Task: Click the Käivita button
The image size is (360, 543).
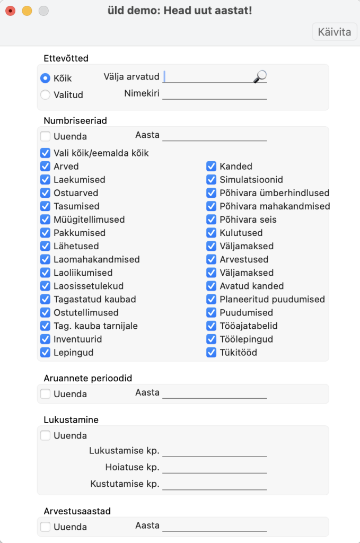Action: (334, 32)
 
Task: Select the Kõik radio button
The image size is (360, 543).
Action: (46, 78)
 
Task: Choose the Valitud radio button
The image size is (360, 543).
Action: (46, 95)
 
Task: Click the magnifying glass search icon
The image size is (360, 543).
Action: (260, 77)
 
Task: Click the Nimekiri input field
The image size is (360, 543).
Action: (214, 94)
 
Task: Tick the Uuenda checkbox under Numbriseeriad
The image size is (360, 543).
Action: (46, 136)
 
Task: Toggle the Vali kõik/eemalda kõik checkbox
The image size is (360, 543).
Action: (46, 153)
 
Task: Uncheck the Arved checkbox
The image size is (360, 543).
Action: (46, 167)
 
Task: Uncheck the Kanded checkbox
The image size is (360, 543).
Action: (212, 167)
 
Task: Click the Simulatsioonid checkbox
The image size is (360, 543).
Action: (212, 180)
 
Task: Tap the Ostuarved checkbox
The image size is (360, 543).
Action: (46, 193)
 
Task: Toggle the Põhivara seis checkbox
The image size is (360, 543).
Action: (212, 220)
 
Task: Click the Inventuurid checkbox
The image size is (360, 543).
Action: (46, 339)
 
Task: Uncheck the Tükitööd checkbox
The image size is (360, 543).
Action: (212, 352)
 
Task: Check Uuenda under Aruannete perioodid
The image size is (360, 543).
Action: (46, 394)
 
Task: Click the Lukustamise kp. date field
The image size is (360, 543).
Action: (214, 451)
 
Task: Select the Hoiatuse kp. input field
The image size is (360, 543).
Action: (214, 468)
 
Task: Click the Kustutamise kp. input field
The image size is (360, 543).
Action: (214, 484)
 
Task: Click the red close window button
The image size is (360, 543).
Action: (10, 11)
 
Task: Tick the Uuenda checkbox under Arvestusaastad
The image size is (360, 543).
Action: (46, 527)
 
